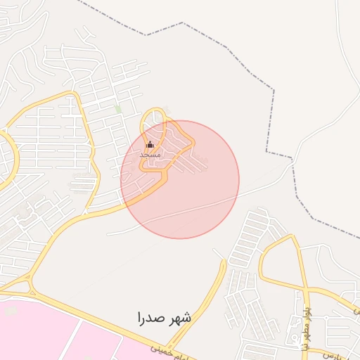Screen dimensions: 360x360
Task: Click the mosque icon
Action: [150, 145]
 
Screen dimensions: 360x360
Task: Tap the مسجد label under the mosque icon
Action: [150, 154]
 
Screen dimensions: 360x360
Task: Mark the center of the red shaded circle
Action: [180, 179]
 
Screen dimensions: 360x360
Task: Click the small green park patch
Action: [118, 109]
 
